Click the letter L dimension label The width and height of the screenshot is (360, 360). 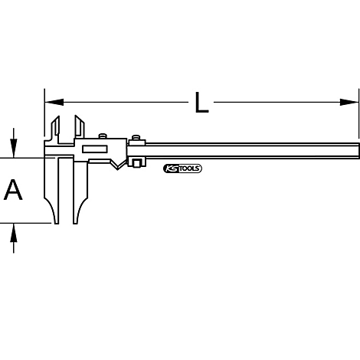tap(201, 102)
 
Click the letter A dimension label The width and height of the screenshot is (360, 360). tap(13, 190)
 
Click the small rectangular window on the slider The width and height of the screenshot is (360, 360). tap(97, 149)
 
